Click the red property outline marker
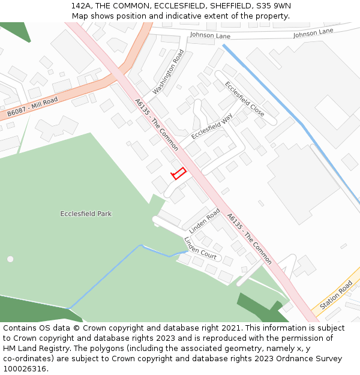click(179, 173)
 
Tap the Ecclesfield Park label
click(86, 214)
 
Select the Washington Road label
click(168, 72)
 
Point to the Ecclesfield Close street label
click(245, 99)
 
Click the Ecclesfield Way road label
click(212, 127)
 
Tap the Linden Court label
click(200, 248)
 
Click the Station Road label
click(336, 295)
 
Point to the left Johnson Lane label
click(211, 35)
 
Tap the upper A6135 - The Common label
click(157, 125)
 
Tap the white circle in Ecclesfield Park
click(10, 259)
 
